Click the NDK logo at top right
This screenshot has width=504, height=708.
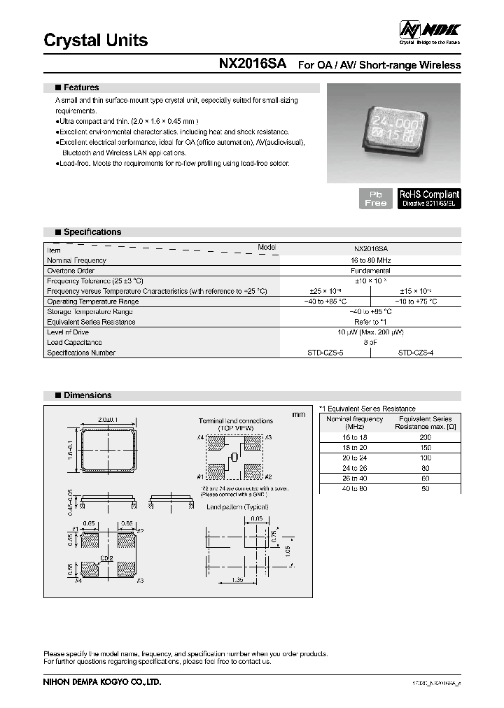429,30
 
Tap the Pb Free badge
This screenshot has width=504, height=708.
375,198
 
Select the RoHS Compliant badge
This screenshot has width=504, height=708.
429,198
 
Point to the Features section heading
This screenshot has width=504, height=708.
81,87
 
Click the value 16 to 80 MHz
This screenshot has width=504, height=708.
370,260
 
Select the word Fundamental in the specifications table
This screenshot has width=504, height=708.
370,270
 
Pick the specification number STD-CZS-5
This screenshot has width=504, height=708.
325,353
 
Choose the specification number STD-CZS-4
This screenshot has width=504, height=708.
416,353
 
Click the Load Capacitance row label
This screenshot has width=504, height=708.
74,343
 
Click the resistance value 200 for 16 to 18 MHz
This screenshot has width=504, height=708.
425,437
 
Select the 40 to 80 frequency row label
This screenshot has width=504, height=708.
354,489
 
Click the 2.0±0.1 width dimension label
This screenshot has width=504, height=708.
108,420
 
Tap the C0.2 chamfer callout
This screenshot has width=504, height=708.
107,558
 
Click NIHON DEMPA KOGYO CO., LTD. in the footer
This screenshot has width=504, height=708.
102,681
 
